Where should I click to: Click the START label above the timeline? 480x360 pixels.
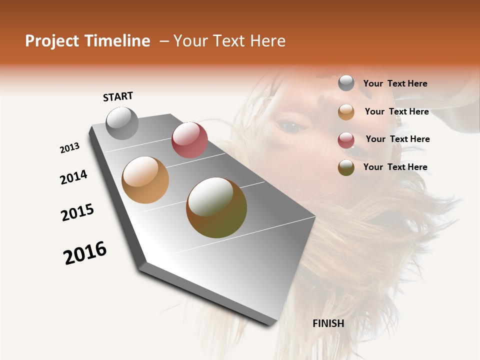click(118, 96)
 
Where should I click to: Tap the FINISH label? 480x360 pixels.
click(328, 323)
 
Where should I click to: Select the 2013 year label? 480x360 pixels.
click(70, 148)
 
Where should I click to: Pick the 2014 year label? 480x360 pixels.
click(74, 177)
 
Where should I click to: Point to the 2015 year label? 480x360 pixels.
click(77, 212)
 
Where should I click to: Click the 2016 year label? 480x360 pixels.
click(85, 253)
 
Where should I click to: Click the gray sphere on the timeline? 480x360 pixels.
click(122, 123)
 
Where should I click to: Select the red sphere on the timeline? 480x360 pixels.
click(189, 140)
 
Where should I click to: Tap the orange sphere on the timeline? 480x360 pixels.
click(145, 180)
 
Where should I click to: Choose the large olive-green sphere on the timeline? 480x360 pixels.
click(216, 207)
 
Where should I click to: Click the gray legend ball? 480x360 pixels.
click(346, 83)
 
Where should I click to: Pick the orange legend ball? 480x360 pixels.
click(346, 112)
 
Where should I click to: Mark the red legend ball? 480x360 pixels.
click(346, 140)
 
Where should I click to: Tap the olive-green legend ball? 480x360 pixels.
click(346, 167)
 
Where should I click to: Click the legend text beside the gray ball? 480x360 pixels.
click(395, 83)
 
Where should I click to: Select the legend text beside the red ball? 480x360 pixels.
click(398, 139)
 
